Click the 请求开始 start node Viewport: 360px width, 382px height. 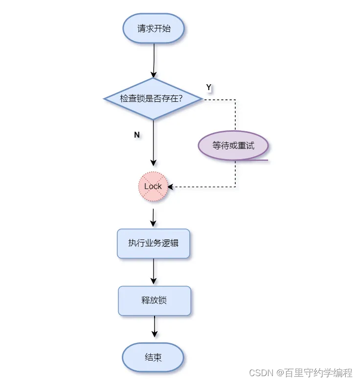154,28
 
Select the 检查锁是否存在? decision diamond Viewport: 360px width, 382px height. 153,98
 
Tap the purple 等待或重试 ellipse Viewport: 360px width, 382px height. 233,145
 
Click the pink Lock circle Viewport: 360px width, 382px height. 153,187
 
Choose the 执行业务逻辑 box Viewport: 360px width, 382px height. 153,243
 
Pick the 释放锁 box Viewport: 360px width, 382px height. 154,300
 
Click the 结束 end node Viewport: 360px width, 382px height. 153,358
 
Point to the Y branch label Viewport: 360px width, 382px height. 208,87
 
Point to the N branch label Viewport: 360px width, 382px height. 137,135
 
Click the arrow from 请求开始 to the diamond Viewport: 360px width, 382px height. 154,60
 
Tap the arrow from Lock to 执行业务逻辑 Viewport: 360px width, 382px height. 153,217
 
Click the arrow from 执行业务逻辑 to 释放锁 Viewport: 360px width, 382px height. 154,271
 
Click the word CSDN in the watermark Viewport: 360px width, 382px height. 260,373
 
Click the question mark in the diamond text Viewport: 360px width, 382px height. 180,98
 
